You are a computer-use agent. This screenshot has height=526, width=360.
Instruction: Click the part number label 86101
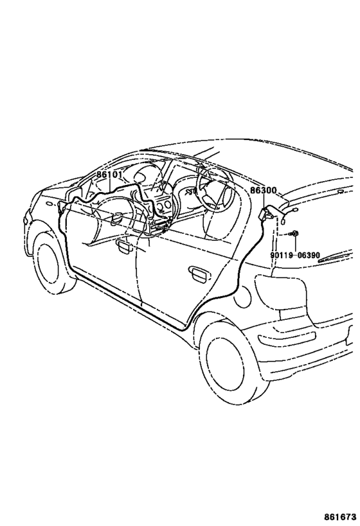click(110, 175)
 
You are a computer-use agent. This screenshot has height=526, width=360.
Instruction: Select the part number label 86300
click(264, 191)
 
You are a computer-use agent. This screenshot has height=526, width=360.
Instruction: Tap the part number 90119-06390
click(295, 255)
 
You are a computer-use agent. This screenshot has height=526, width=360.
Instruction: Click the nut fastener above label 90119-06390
click(294, 234)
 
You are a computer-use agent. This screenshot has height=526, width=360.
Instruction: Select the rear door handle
click(198, 273)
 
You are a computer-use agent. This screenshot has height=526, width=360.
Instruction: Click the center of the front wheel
click(50, 263)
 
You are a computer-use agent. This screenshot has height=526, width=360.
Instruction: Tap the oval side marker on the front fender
click(49, 204)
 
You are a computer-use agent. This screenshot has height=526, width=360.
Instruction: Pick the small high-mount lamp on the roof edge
click(341, 191)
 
